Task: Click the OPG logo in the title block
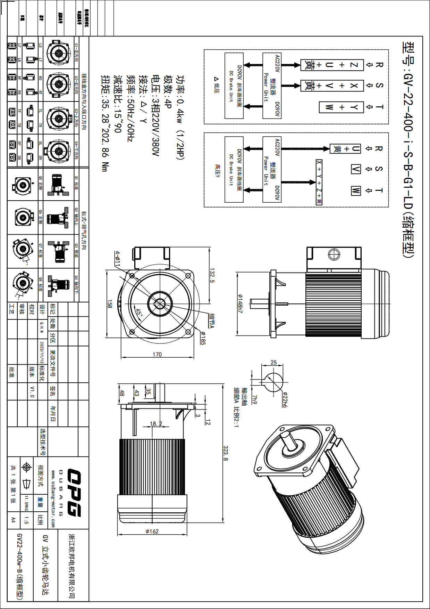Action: [74, 493]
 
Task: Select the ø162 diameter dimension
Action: [152, 531]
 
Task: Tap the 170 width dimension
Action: [157, 355]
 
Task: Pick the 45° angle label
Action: [139, 312]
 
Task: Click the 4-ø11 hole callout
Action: [117, 259]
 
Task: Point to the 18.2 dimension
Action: [156, 424]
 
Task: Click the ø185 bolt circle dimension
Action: [203, 338]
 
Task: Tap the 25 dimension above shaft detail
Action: [273, 363]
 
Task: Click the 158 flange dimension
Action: [110, 304]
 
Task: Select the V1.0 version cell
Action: [32, 391]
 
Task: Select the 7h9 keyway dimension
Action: [255, 399]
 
